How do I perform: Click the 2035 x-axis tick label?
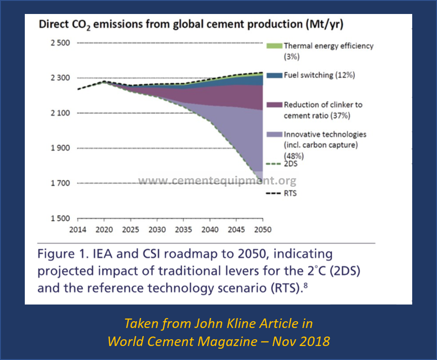point(183,229)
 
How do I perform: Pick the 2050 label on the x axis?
point(262,229)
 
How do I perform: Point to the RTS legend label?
point(290,194)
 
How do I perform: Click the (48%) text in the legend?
point(293,156)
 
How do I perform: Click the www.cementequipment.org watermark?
point(217,181)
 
